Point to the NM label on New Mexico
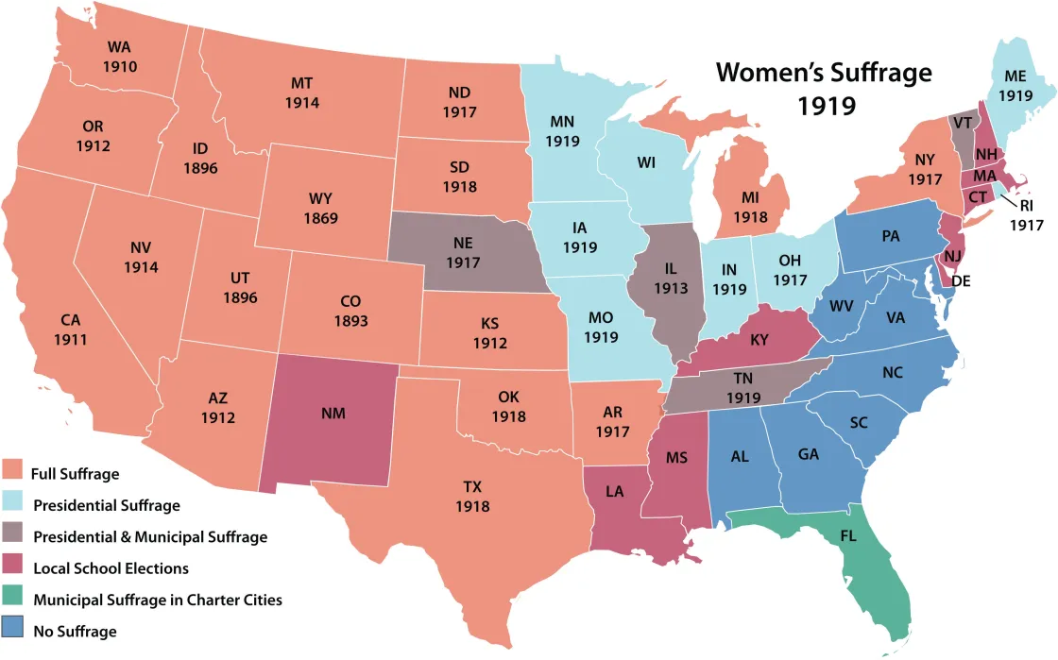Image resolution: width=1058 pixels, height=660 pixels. coord(333,414)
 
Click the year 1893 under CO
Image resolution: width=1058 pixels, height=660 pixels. coord(350,320)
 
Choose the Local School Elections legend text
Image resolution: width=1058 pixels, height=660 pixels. coord(111,568)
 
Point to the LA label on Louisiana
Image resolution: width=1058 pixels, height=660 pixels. coord(615,518)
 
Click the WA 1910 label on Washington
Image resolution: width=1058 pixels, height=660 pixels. coord(119,57)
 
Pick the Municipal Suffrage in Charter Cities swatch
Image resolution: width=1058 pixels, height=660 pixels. coord(13,599)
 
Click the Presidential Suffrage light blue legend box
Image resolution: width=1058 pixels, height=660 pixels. coord(13,504)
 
